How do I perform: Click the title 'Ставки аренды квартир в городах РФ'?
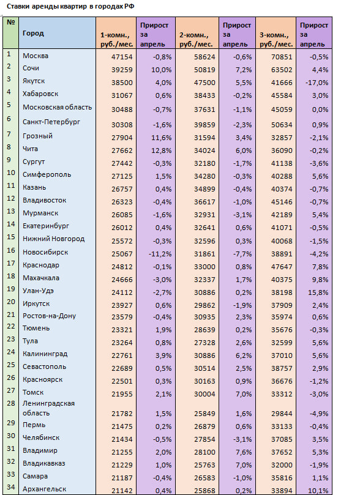pyautogui.click(x=70, y=6)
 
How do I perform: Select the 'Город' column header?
pyautogui.click(x=33, y=33)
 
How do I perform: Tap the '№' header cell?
pyautogui.click(x=11, y=23)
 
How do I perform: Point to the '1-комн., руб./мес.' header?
pyautogui.click(x=116, y=39)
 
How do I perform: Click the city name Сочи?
pyautogui.click(x=31, y=68)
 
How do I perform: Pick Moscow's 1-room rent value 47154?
pyautogui.click(x=122, y=57)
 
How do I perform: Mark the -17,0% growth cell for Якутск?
pyautogui.click(x=317, y=83)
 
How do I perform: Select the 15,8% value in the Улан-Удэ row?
pyautogui.click(x=318, y=292)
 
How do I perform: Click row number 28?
pyautogui.click(x=11, y=403)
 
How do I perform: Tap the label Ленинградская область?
pyautogui.click(x=48, y=408)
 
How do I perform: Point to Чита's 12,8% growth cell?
pyautogui.click(x=162, y=151)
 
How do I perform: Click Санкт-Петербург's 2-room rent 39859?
pyautogui.click(x=204, y=125)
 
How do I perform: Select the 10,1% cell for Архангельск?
pyautogui.click(x=318, y=491)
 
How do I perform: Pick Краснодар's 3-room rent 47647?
pyautogui.click(x=282, y=267)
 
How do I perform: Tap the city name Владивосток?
pyautogui.click(x=45, y=201)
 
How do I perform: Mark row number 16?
pyautogui.click(x=11, y=250)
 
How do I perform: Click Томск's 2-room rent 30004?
pyautogui.click(x=204, y=394)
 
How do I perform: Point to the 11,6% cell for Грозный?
pyautogui.click(x=162, y=138)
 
